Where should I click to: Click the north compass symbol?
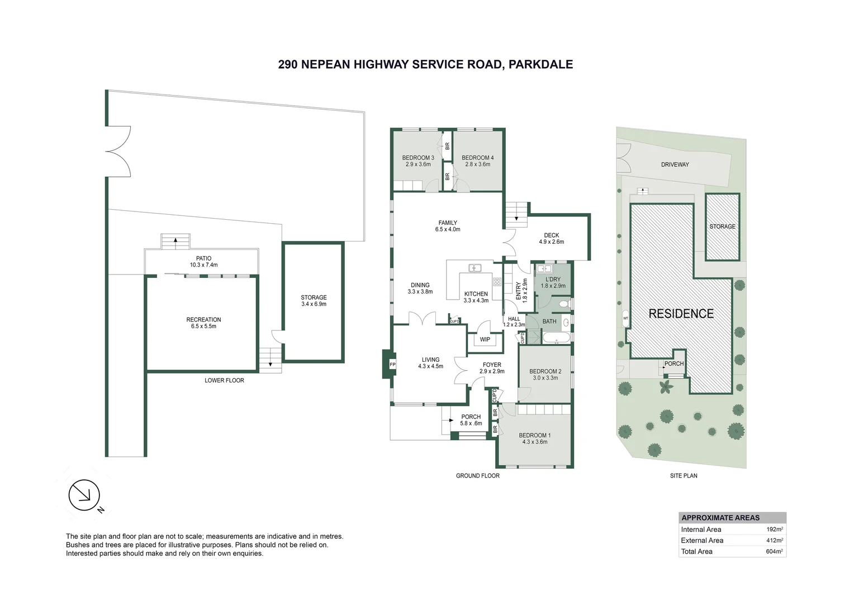(x=84, y=496)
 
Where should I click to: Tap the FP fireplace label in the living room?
(x=392, y=365)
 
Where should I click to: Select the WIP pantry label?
(x=485, y=339)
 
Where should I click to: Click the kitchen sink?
(x=475, y=268)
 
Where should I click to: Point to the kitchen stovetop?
(x=497, y=282)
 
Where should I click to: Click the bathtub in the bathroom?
(x=556, y=337)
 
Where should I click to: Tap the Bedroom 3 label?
(x=418, y=158)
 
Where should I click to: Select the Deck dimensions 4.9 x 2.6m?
(x=551, y=242)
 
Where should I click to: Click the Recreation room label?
(x=203, y=319)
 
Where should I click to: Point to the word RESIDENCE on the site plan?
(x=681, y=314)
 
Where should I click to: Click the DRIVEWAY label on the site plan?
(x=675, y=164)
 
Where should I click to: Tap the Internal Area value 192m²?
(x=775, y=529)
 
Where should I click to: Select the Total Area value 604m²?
(x=774, y=551)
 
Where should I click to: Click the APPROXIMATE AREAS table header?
(x=720, y=518)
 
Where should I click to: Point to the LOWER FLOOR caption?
(x=224, y=380)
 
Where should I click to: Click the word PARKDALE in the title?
(x=540, y=64)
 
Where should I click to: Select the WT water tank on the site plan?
(x=625, y=318)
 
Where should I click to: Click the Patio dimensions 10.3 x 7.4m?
(x=203, y=265)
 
